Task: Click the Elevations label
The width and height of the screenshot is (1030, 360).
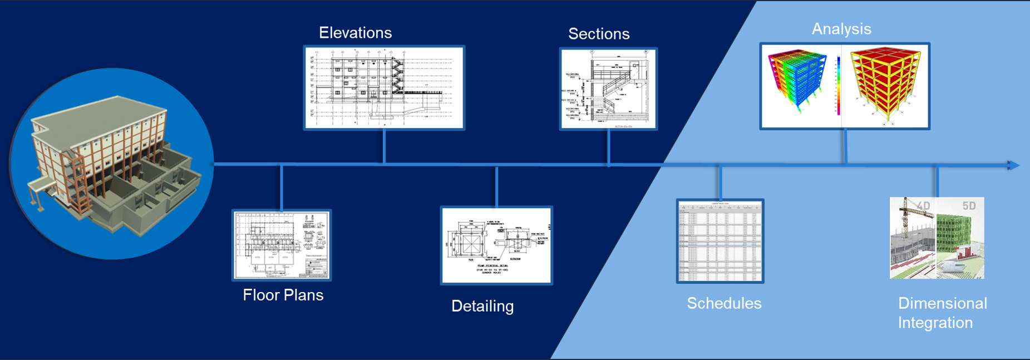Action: pos(355,33)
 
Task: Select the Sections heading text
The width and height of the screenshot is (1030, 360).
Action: pos(599,34)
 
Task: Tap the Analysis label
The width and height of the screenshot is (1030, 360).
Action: pos(841,29)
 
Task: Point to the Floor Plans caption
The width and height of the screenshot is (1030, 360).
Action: pos(283,295)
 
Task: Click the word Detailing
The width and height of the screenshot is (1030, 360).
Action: pos(482,306)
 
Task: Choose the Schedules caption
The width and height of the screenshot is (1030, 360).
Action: pos(724,303)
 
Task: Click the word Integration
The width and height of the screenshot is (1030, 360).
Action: pos(935,323)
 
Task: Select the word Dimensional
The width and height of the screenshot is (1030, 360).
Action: pos(942,303)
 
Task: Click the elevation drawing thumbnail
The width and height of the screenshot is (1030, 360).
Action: pos(384,88)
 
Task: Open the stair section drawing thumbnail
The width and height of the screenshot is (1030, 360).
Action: pos(608,89)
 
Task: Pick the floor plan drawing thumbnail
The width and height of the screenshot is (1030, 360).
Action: pos(282,245)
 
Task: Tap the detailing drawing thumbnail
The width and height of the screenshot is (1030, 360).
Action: pos(496,245)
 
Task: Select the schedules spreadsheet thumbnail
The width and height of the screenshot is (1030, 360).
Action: pos(720,241)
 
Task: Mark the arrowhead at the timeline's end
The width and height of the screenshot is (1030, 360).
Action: pos(1013,165)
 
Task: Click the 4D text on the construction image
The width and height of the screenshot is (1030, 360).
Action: pos(923,206)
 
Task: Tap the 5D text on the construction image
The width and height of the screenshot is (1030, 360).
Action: pos(969,206)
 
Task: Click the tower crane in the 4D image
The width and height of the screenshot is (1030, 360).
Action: pos(905,220)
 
